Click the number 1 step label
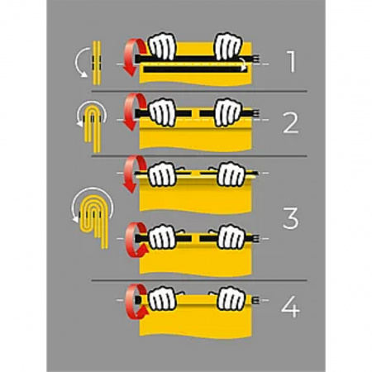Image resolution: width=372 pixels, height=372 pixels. pos(291,62)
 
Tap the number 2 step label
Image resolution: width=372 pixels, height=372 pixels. pos(291,123)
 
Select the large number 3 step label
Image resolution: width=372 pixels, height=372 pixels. pos(291,218)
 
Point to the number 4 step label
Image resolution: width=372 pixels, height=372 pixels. pos(290,307)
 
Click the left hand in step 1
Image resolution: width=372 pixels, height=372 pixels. pos(163,46)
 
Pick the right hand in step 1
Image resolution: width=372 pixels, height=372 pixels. pos(229,46)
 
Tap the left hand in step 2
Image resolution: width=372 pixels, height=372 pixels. pos(163,112)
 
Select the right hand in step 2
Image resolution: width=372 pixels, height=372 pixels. pos(229,112)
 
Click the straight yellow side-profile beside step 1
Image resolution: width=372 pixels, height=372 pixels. pos(97,63)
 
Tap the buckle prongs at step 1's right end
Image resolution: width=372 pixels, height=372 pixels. pos(256,59)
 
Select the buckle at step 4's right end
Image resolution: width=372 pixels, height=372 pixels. pos(255,300)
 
